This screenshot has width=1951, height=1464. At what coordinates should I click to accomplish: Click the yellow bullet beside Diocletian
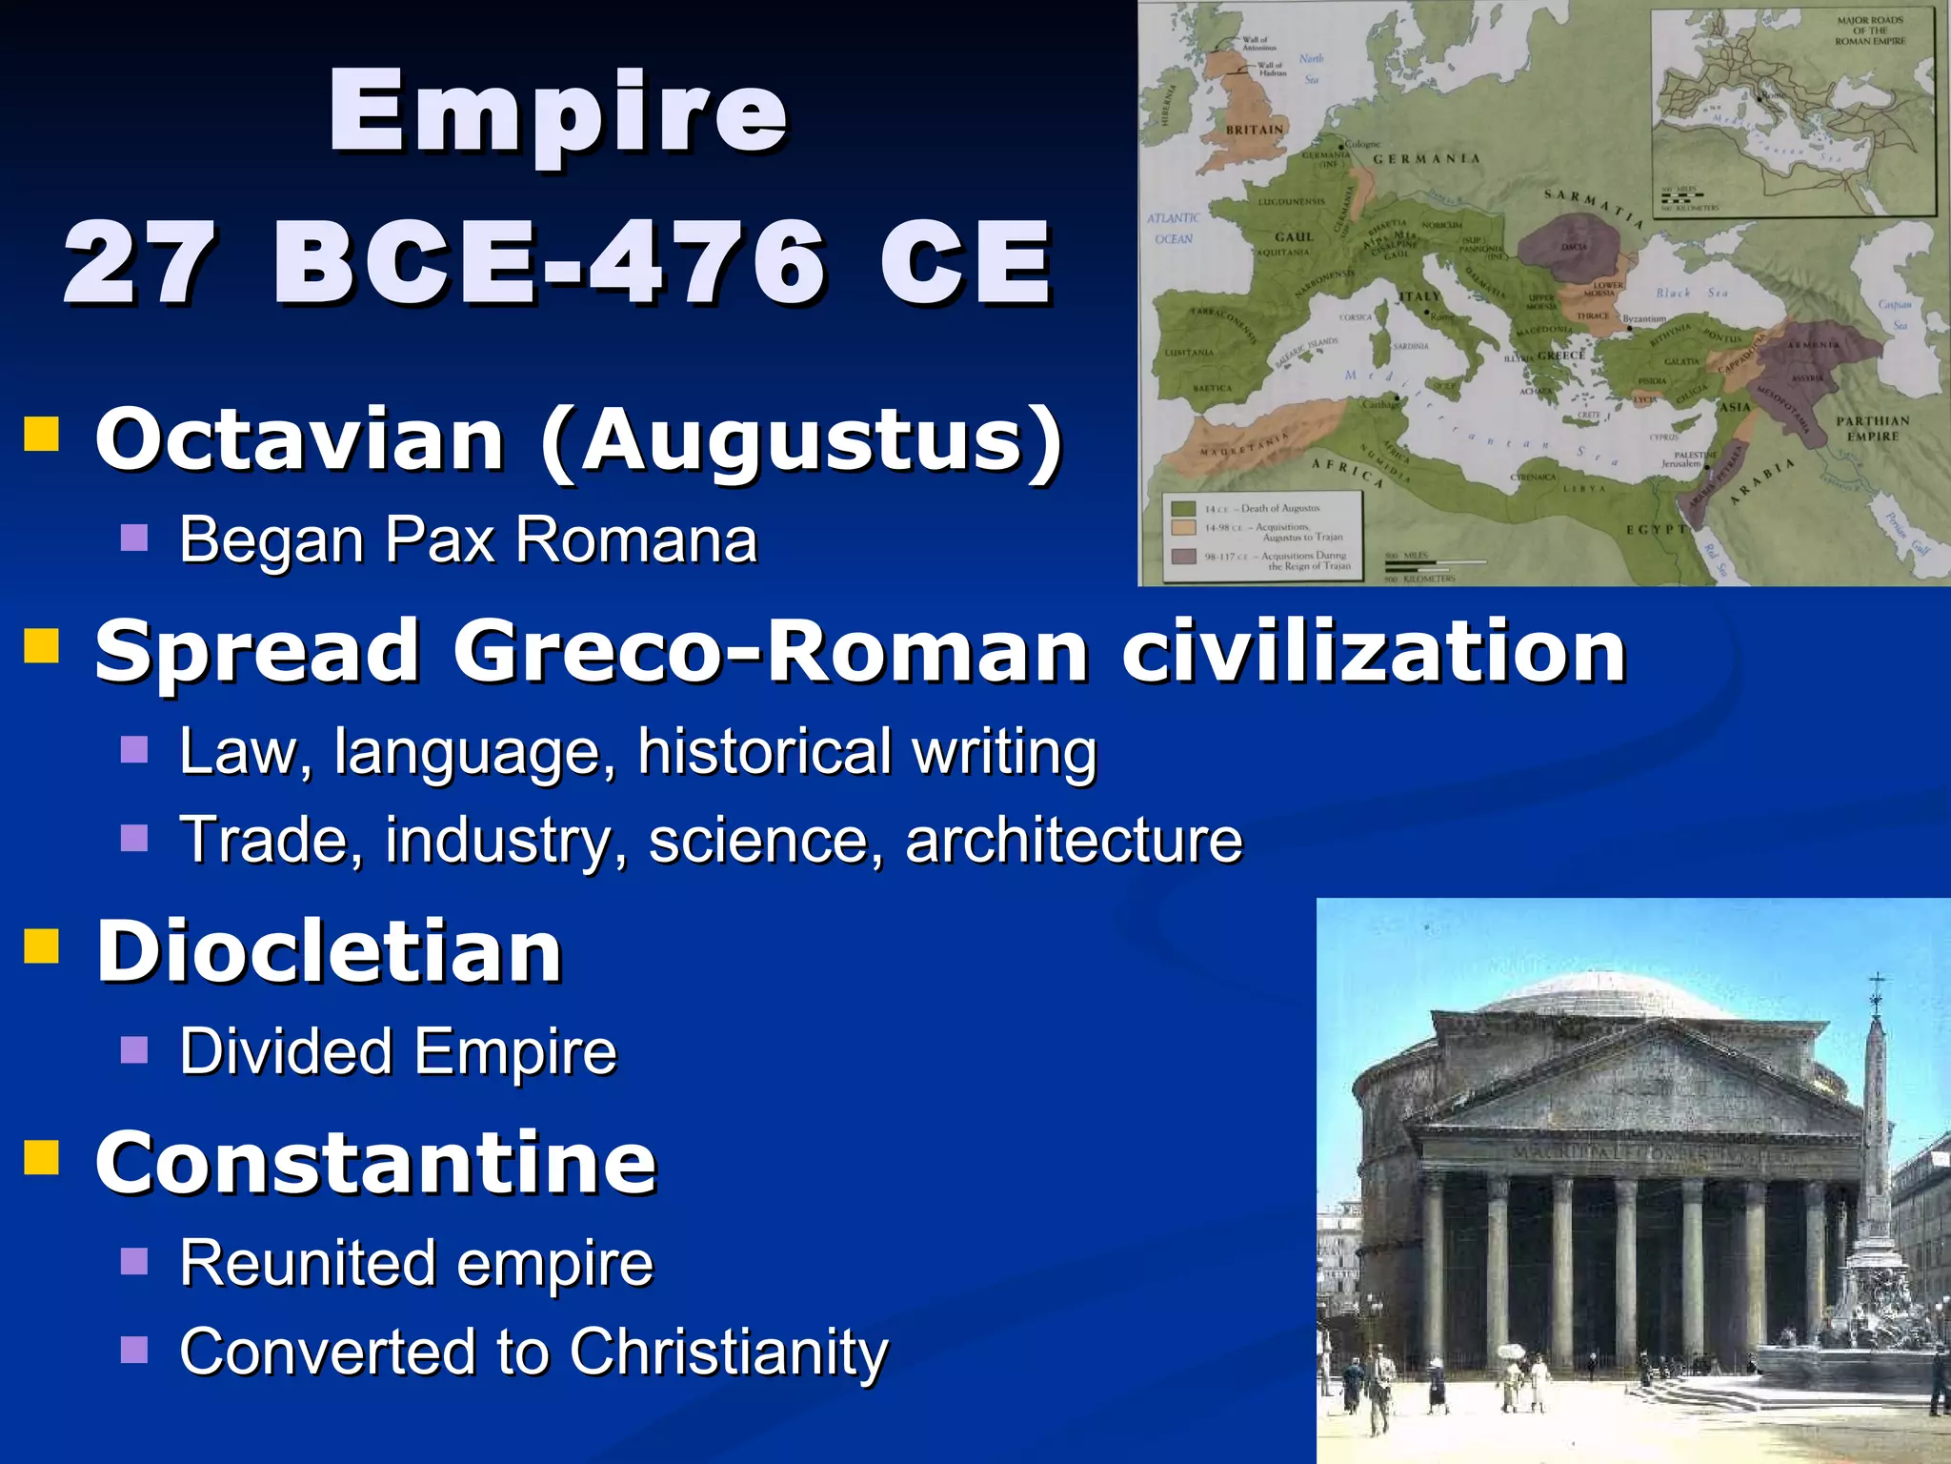tap(42, 946)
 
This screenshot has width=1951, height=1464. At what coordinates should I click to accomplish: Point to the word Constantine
tap(376, 1163)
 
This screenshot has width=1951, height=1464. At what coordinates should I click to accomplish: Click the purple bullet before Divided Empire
tap(134, 1050)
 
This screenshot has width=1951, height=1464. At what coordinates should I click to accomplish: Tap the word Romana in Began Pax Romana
tap(635, 540)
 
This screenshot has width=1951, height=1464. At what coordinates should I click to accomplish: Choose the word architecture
tap(1074, 841)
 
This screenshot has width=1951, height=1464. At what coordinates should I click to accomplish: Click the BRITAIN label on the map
tap(1255, 130)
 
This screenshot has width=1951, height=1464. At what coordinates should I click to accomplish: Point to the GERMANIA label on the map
tap(1426, 159)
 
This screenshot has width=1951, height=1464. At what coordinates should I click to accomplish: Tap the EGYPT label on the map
tap(1656, 529)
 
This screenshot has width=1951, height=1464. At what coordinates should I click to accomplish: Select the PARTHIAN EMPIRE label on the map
tap(1873, 428)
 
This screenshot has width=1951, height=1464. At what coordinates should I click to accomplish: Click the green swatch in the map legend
tap(1183, 509)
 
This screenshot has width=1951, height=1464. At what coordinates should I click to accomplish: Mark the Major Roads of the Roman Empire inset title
tap(1870, 30)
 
